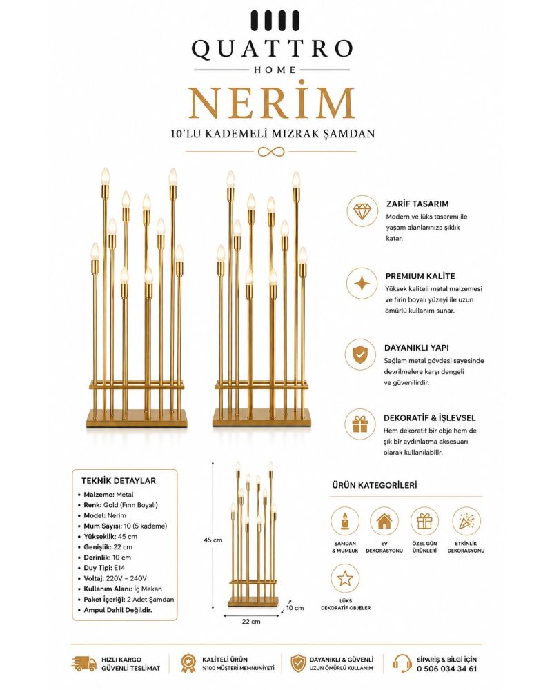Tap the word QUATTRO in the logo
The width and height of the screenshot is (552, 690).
pos(272,48)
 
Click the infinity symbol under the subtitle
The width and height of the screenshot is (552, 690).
pos(271,152)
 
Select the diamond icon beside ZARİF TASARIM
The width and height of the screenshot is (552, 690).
pos(362,212)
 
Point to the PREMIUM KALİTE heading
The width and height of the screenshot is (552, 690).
pos(420,277)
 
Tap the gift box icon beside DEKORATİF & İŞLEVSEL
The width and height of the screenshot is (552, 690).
pos(360,424)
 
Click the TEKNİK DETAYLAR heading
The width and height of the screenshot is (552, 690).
pos(119,480)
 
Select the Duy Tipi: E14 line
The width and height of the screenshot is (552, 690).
pos(104,568)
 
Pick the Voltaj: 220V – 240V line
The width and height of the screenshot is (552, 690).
pos(115,578)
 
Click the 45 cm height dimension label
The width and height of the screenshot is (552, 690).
pos(213,540)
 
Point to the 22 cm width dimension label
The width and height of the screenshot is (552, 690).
pos(251,622)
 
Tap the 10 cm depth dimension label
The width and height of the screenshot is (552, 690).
pos(295,608)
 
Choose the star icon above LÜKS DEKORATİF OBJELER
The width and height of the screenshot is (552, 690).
pos(345,578)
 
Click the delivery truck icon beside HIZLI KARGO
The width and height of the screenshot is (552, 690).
pos(83,664)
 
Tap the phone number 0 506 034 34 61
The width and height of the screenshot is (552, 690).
pos(446,669)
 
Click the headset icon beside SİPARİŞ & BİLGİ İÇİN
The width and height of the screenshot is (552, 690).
pos(402,664)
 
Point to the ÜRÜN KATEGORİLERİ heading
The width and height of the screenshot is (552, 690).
pos(374,485)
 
